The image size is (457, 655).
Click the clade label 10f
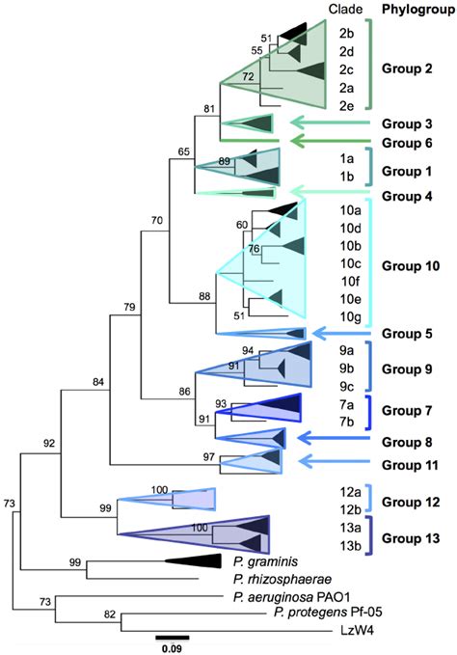[349, 282]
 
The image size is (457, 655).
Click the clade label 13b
[349, 547]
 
